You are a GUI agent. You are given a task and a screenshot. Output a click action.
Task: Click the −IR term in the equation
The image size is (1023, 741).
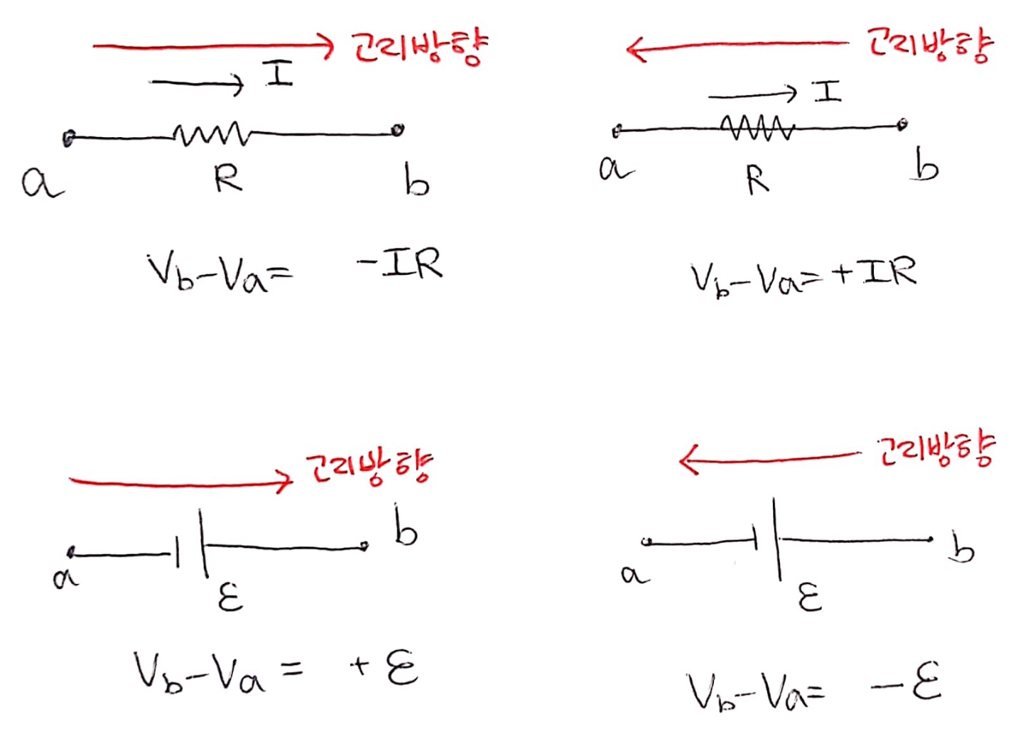point(402,264)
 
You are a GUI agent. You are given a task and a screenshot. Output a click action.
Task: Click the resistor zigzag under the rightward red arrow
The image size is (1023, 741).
point(212,134)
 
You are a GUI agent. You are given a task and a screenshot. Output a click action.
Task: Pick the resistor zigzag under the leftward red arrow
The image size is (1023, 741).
point(757,128)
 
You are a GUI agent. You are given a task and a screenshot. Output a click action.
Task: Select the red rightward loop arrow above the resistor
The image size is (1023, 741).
point(213,46)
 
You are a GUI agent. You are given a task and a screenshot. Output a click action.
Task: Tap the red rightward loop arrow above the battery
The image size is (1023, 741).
point(180,482)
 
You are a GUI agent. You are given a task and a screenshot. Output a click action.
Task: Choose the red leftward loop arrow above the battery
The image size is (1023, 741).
point(770,458)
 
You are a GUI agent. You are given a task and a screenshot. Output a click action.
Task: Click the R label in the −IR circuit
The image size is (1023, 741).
point(229,178)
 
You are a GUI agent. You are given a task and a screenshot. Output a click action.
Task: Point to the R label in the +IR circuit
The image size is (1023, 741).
point(757,179)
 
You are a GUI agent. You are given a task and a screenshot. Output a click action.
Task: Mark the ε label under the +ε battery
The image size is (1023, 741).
point(230,597)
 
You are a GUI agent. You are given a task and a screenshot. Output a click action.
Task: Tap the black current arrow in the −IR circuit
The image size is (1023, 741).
point(197,84)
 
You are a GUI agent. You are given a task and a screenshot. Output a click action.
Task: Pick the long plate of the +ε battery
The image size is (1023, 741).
point(203,543)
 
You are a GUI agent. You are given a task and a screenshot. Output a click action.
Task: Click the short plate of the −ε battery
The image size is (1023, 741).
point(756,538)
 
